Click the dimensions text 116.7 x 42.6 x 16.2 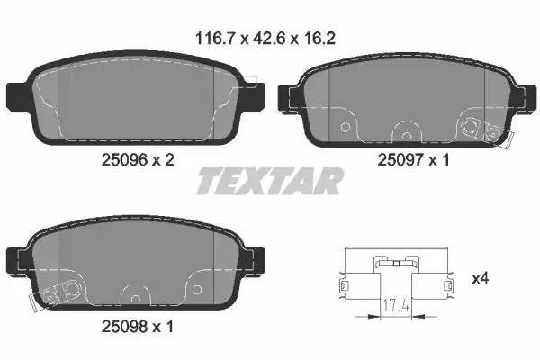pos(270,39)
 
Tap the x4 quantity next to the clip pos(481,279)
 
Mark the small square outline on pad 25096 pos(249,81)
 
